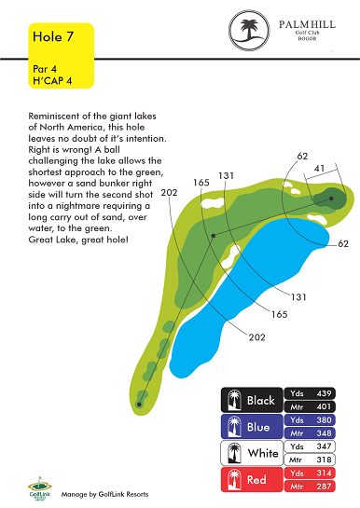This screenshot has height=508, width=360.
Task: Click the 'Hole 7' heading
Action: point(53,37)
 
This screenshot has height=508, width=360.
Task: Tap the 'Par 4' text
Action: point(45,69)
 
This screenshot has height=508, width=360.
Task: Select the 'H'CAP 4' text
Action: point(52,81)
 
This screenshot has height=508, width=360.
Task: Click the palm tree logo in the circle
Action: point(249,30)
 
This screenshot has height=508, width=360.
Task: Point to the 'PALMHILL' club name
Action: point(307,24)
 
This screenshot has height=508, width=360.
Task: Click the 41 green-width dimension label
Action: point(320,169)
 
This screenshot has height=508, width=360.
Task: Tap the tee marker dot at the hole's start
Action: point(139,405)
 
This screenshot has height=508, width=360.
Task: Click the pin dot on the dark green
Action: point(331,199)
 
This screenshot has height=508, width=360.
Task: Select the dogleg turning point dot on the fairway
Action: point(214,236)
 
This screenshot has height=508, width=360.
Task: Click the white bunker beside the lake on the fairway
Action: point(230,256)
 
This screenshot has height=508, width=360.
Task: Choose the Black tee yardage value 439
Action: point(324,393)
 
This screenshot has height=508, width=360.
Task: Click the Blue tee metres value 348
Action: point(324,433)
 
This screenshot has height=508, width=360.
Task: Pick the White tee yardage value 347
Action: point(324,446)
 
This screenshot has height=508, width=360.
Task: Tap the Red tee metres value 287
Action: point(324,487)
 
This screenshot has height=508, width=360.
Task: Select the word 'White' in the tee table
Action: point(263,453)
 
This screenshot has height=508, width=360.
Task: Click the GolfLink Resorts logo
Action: point(39,488)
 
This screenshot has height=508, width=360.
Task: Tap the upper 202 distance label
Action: point(169,193)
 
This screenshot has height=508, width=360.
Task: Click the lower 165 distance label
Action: point(279,314)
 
